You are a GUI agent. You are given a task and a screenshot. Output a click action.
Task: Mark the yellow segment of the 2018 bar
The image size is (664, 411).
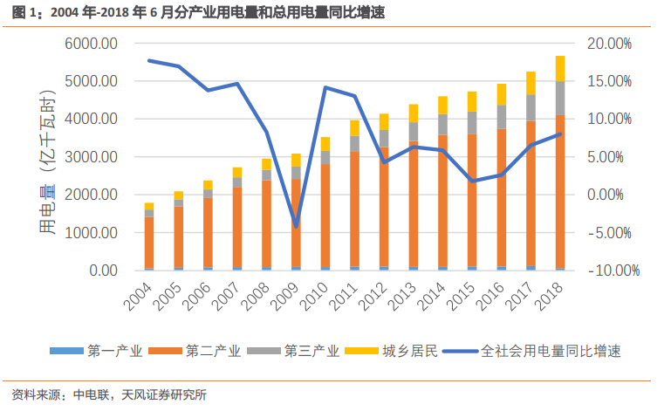point(560,68)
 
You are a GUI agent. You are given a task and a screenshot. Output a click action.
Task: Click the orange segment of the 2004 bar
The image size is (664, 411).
point(149,243)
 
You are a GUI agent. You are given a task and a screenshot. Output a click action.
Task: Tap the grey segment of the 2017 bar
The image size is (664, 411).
point(531,107)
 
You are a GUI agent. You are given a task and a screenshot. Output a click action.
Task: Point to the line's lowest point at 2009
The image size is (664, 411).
point(296,226)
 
